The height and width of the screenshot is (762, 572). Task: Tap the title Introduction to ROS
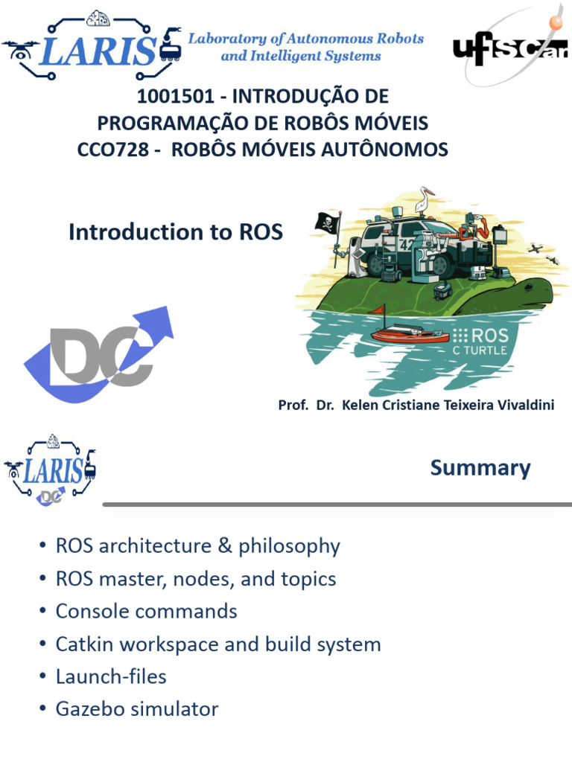pyautogui.click(x=176, y=232)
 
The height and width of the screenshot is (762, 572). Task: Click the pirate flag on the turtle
pyautogui.click(x=328, y=222)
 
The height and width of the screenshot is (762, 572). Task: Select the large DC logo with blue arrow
pyautogui.click(x=101, y=356)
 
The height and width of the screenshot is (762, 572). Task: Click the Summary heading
pyautogui.click(x=480, y=468)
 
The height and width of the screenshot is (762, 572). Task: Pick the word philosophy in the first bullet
pyautogui.click(x=289, y=546)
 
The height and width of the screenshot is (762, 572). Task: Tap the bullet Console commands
pyautogui.click(x=146, y=612)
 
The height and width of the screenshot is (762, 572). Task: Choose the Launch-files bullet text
pyautogui.click(x=111, y=676)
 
